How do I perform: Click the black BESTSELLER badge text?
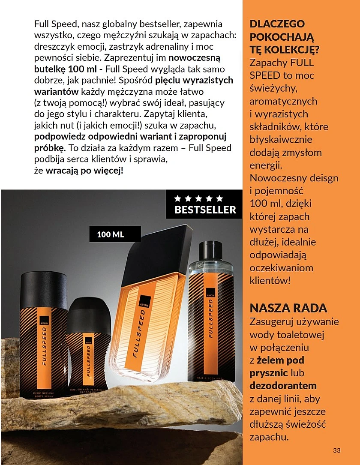click(205, 210)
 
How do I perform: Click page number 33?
click(336, 450)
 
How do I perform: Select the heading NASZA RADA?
click(288, 308)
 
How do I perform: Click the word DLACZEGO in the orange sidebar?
click(277, 24)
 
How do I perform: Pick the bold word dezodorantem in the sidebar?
click(283, 386)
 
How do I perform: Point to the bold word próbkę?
click(49, 148)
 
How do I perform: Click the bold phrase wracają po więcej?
click(84, 170)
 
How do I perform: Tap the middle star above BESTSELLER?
click(198, 198)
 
